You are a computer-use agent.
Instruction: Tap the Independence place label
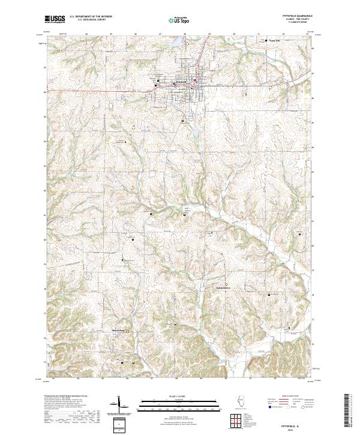(223, 287)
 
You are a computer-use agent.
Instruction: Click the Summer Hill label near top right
(274, 41)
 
